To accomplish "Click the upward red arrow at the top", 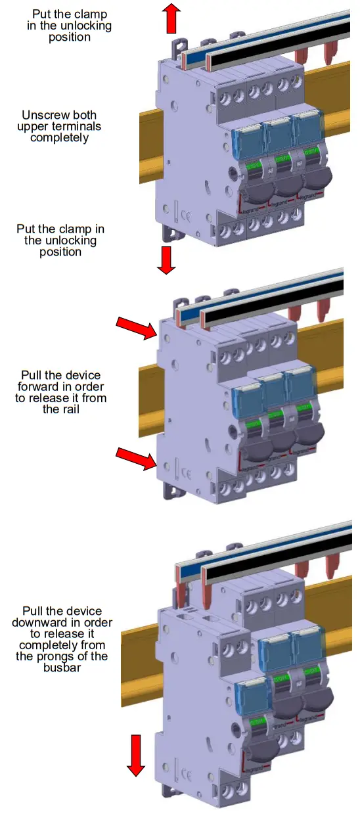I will click(171, 18).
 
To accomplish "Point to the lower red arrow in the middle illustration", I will click(136, 458).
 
